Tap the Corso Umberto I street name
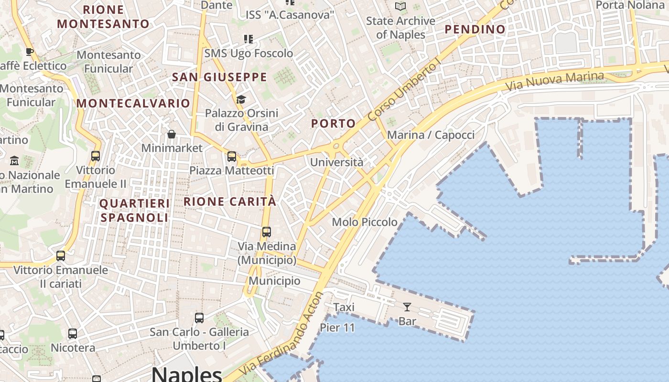click(x=404, y=91)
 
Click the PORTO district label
click(x=334, y=123)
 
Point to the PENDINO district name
click(x=475, y=29)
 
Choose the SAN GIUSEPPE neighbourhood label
click(x=219, y=77)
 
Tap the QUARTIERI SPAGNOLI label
click(x=134, y=211)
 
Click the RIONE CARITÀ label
click(x=230, y=202)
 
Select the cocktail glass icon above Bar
click(x=407, y=307)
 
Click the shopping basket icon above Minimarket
click(x=172, y=134)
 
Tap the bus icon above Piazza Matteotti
click(x=232, y=156)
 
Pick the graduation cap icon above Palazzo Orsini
click(x=241, y=99)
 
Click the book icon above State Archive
click(x=400, y=7)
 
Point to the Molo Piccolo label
click(x=365, y=222)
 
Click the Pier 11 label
click(x=337, y=328)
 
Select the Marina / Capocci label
click(x=431, y=135)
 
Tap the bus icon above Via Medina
click(x=267, y=232)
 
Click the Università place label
click(x=336, y=162)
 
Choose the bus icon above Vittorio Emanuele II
click(x=96, y=156)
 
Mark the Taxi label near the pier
click(x=344, y=307)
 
